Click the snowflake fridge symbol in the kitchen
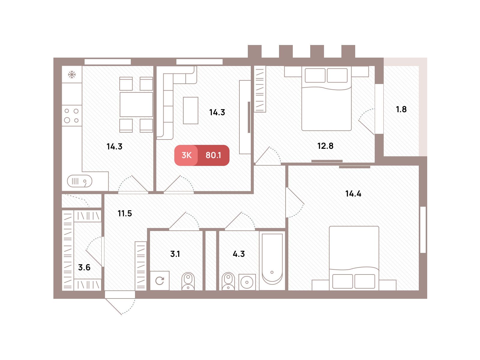point(72,74)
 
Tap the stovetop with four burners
point(72,115)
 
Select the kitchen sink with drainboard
point(79,181)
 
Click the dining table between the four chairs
point(136,104)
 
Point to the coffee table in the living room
point(190,110)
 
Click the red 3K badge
point(186,155)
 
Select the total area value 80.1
point(213,155)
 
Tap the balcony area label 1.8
point(401,109)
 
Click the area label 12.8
point(325,146)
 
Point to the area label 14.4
point(353,194)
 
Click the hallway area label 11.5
point(125,213)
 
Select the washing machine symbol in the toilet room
point(160,281)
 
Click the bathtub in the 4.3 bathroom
point(272,259)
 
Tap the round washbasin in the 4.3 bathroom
point(247,282)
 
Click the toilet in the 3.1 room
point(188,281)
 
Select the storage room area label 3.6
point(84,267)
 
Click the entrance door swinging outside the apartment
point(120,303)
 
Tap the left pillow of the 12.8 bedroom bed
point(315,75)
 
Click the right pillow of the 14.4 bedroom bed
point(365,281)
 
